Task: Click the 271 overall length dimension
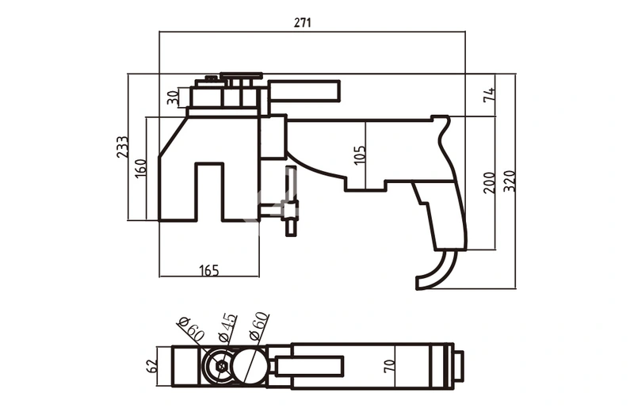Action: (302, 23)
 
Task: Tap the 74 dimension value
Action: (489, 95)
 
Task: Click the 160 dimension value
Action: (140, 168)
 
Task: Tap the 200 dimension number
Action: (489, 182)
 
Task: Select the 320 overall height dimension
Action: (509, 182)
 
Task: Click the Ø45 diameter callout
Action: (227, 326)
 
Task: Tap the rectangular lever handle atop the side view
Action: (304, 91)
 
